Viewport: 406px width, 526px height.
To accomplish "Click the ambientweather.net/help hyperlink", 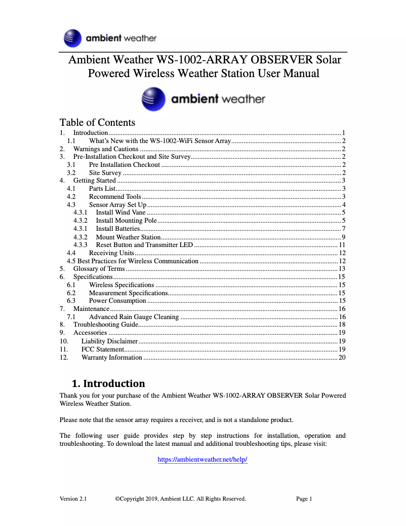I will tap(202, 460).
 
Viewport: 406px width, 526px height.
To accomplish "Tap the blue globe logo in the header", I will tap(73, 38).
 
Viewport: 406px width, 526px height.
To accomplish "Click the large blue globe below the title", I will tap(153, 99).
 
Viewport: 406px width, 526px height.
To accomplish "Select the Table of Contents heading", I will tap(97, 122).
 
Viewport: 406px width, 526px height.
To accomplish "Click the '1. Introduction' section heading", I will tap(108, 383).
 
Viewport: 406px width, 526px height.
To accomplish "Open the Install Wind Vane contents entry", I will tap(120, 213).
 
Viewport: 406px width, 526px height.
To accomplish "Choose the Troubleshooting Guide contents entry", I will tap(106, 325).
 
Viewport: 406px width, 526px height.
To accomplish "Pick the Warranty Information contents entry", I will tap(111, 358).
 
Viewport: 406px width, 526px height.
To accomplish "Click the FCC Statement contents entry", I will tap(102, 349).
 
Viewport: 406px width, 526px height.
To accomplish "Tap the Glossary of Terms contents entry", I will tap(99, 269).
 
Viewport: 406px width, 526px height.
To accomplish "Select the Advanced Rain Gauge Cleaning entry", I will tap(134, 317).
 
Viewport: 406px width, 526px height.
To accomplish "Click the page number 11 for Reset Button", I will tap(342, 245).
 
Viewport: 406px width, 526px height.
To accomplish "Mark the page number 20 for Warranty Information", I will tap(342, 358).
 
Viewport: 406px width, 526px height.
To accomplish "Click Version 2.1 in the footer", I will tap(73, 499).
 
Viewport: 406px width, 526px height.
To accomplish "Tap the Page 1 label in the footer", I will tap(304, 499).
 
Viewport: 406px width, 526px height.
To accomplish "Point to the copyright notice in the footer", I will tap(180, 499).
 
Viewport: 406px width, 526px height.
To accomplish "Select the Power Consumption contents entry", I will tap(117, 301).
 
